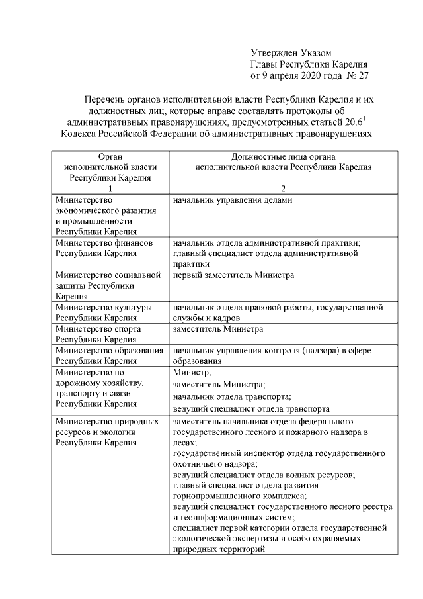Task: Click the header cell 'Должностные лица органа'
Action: click(283, 157)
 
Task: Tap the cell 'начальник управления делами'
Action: click(232, 199)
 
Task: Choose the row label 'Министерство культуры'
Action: click(104, 307)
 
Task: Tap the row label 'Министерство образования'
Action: click(109, 351)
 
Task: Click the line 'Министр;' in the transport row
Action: click(191, 373)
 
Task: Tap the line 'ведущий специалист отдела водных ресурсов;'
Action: click(264, 475)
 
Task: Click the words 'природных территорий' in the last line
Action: click(213, 549)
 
